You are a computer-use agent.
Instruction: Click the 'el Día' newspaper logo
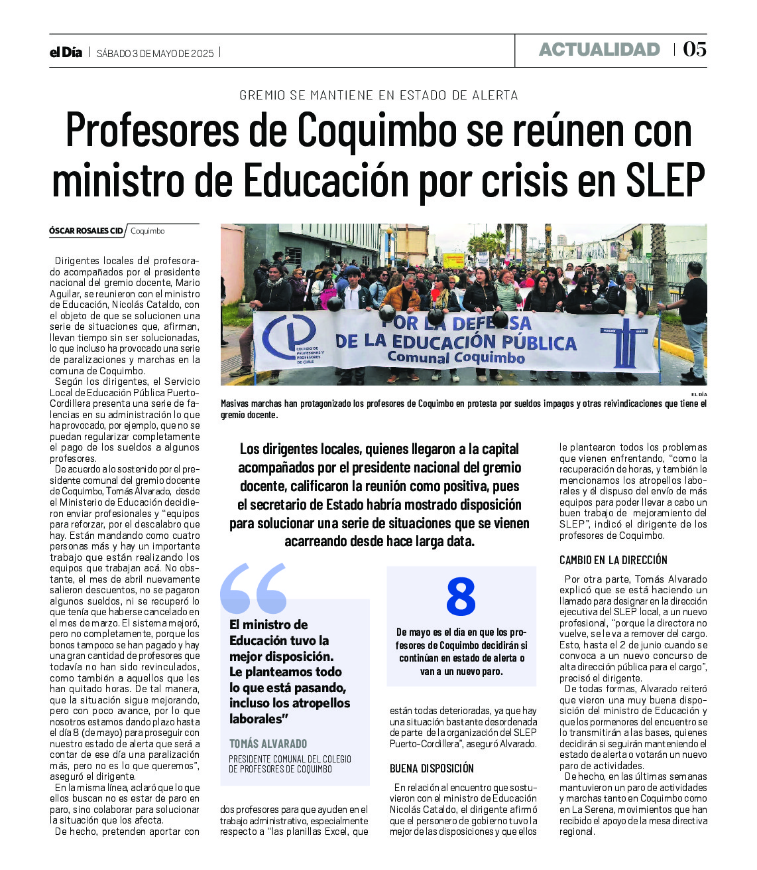[66, 52]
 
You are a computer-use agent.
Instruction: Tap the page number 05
[694, 50]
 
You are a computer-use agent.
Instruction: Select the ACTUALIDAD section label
[599, 50]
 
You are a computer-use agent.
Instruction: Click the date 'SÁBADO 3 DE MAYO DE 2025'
[155, 53]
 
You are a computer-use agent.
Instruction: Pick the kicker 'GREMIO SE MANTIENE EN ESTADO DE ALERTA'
[378, 95]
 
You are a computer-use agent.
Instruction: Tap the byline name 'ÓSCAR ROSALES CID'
[86, 231]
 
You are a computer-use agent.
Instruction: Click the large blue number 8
[461, 596]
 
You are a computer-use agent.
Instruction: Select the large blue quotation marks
[253, 589]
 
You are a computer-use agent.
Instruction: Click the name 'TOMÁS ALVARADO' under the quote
[268, 744]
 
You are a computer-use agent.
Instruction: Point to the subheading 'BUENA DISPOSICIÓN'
[432, 768]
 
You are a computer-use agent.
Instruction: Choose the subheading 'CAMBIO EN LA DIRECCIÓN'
[613, 560]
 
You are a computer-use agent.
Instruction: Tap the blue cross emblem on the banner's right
[624, 342]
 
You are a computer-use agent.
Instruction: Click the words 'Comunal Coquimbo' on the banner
[456, 358]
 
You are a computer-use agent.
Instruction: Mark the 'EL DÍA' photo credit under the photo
[699, 394]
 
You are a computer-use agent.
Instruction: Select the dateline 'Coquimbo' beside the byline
[147, 231]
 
